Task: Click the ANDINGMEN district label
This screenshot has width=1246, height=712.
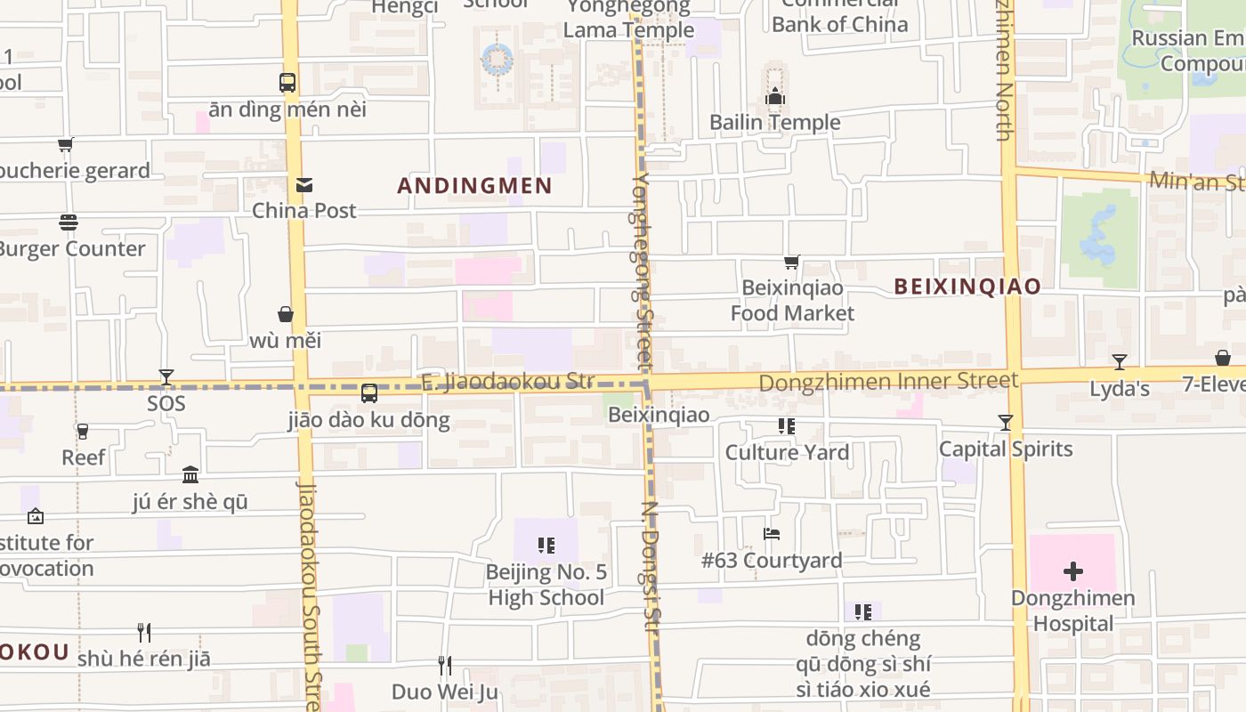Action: [474, 186]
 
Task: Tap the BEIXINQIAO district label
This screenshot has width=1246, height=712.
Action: [967, 287]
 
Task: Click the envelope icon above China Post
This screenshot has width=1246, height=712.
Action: [304, 185]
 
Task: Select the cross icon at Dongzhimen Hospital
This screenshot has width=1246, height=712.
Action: [1073, 570]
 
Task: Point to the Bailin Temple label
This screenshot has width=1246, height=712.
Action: [774, 122]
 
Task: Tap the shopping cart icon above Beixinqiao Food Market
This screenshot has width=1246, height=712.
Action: [791, 262]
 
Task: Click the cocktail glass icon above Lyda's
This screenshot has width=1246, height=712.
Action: [1120, 362]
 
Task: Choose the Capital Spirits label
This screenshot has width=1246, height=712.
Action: [1006, 449]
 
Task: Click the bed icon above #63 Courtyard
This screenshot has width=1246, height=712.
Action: [772, 534]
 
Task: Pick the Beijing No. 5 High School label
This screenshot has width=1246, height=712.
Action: [546, 584]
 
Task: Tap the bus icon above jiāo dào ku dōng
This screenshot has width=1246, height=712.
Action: [368, 392]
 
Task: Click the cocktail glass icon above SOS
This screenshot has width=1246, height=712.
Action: [166, 377]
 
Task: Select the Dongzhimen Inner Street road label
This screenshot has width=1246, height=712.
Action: [888, 382]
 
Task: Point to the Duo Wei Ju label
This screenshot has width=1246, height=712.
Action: [444, 692]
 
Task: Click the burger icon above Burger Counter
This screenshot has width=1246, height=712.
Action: [69, 222]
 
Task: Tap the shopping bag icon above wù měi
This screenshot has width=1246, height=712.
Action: [286, 314]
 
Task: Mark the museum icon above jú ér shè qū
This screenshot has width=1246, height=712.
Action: [190, 474]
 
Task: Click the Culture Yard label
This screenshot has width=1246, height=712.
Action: [787, 452]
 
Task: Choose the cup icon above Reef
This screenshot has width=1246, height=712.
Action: [83, 432]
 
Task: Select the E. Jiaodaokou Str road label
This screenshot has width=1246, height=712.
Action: [506, 382]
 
